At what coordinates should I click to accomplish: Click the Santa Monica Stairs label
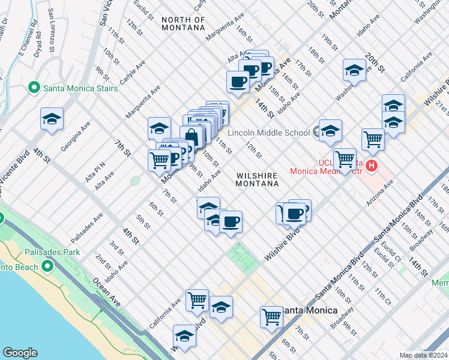coord(80,88)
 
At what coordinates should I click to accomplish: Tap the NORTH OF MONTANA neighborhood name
coord(183,24)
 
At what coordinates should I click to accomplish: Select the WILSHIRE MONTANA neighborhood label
coord(256,179)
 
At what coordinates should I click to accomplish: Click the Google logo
coord(20,353)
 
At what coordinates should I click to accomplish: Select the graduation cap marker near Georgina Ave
coord(52,119)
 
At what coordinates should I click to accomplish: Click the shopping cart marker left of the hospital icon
coord(345,160)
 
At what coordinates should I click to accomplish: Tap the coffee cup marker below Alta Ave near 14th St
coord(238,82)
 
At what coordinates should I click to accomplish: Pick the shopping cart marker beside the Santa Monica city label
coord(271,316)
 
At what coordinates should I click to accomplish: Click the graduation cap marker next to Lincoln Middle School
coord(330,131)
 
